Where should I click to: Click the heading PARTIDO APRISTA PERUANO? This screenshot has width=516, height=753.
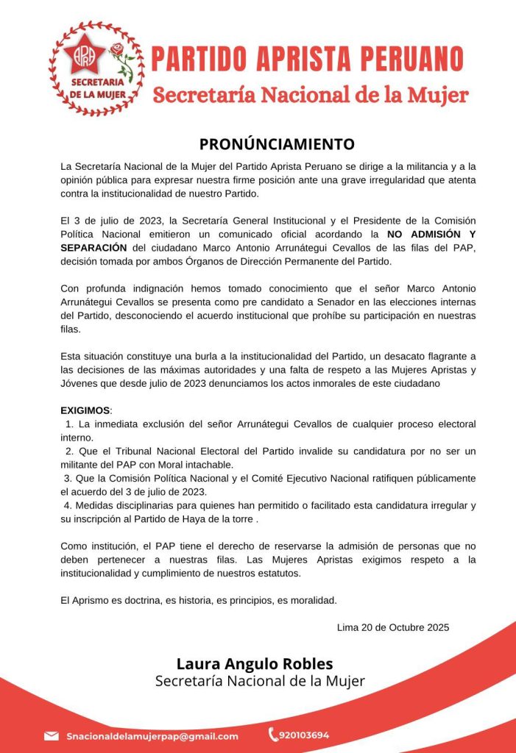(307, 59)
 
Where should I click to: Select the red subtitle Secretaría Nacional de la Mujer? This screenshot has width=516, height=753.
(310, 95)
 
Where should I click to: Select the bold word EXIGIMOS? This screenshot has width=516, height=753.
(85, 410)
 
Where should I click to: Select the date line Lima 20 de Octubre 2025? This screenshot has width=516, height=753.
(392, 627)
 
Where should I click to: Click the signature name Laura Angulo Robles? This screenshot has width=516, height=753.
(255, 663)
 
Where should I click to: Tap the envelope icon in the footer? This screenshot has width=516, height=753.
(52, 735)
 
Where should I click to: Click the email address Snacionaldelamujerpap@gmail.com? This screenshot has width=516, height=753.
(152, 735)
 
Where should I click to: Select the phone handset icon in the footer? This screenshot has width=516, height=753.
(273, 734)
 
